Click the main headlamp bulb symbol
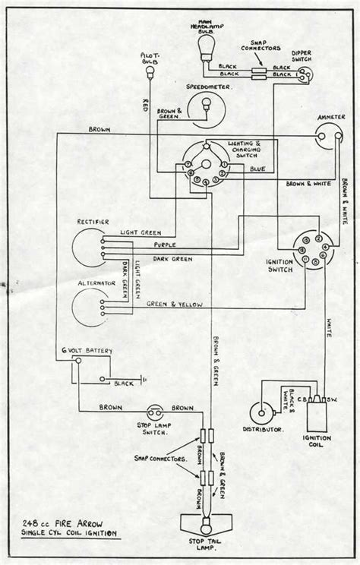point(206,51)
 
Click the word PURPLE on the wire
point(165,245)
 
